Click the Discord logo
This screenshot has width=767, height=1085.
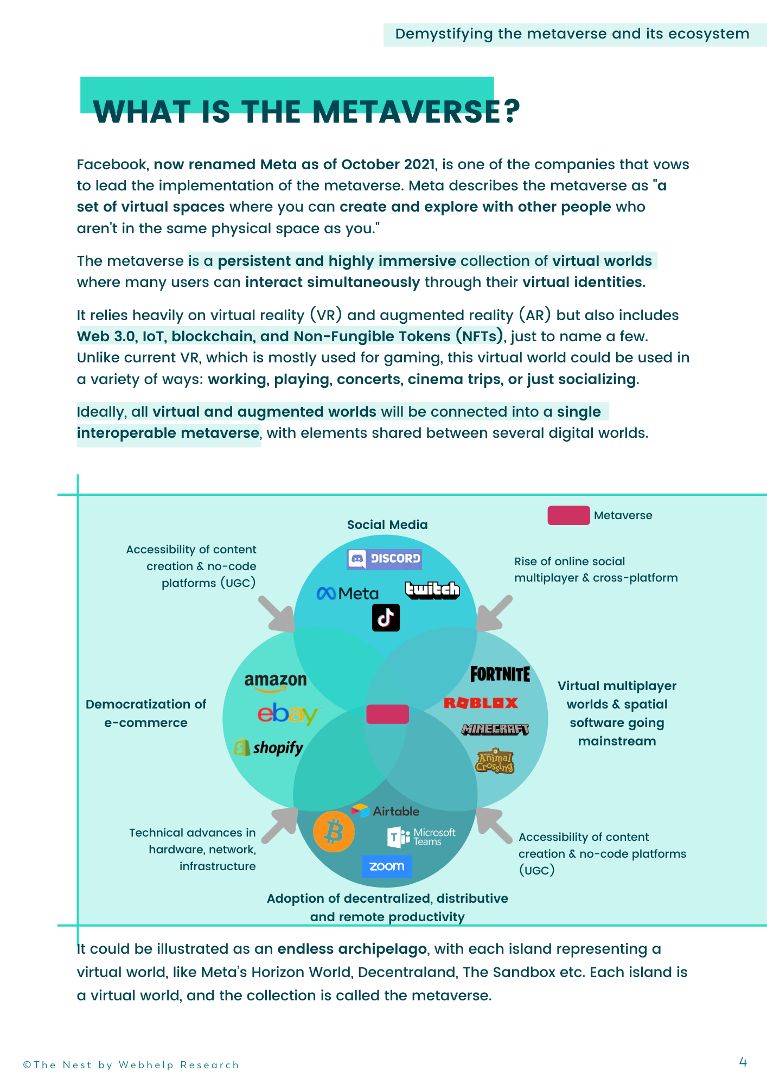pyautogui.click(x=385, y=559)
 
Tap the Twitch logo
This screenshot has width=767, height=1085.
pyautogui.click(x=432, y=590)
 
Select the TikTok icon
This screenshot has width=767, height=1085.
pyautogui.click(x=386, y=617)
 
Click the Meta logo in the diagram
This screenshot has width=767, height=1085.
pyautogui.click(x=348, y=594)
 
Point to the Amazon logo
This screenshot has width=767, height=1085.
pyautogui.click(x=276, y=682)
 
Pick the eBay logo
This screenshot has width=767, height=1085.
pyautogui.click(x=287, y=714)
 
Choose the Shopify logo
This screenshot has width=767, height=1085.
pyautogui.click(x=269, y=748)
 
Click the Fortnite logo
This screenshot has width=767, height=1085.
pyautogui.click(x=500, y=674)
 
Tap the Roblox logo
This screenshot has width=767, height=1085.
pyautogui.click(x=481, y=703)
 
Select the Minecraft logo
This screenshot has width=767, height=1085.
pyautogui.click(x=495, y=730)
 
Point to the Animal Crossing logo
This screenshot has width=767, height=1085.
pyautogui.click(x=494, y=761)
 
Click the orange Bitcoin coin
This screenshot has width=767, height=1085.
pyautogui.click(x=334, y=832)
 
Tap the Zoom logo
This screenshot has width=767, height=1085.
pyautogui.click(x=387, y=866)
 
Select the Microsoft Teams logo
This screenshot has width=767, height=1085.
pyautogui.click(x=421, y=837)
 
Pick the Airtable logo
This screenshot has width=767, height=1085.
pyautogui.click(x=385, y=811)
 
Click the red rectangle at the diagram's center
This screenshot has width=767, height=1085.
pyautogui.click(x=387, y=714)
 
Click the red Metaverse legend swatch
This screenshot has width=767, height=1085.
pyautogui.click(x=568, y=515)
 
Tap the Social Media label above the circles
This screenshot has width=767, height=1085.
pyautogui.click(x=387, y=525)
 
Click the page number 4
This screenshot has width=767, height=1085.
pyautogui.click(x=743, y=1062)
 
